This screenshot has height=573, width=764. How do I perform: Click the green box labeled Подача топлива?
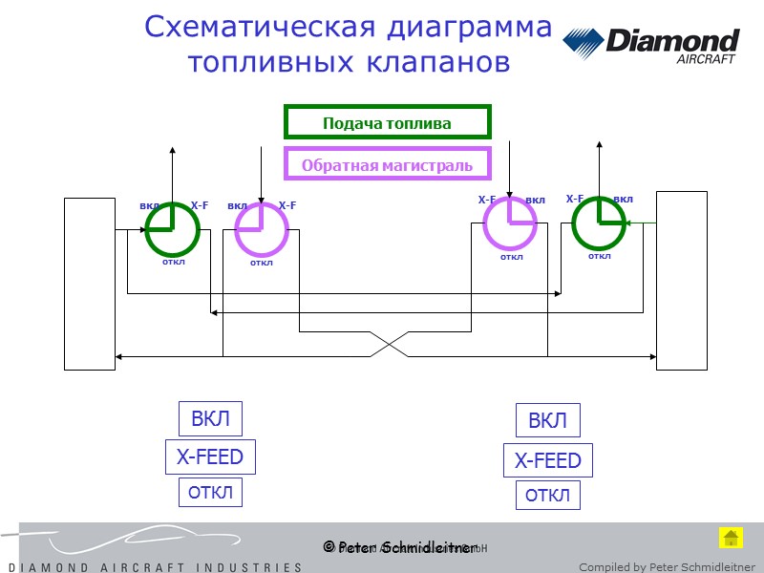click(387, 122)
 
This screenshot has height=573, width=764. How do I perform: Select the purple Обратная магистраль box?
click(387, 164)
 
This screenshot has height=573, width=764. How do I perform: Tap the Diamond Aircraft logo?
click(650, 45)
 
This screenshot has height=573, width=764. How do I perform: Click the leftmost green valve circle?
click(173, 230)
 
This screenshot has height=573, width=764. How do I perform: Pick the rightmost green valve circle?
click(599, 224)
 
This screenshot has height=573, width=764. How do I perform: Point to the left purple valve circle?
click(261, 231)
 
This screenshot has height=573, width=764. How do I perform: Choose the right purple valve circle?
click(510, 223)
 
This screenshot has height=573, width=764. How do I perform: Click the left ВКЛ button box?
click(210, 418)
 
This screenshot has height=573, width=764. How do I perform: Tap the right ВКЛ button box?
click(547, 420)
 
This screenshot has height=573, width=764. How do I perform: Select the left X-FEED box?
click(210, 456)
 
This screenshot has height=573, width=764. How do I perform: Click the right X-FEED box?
click(547, 460)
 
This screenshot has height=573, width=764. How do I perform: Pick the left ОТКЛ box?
click(210, 493)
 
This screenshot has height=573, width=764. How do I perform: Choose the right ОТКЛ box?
click(547, 496)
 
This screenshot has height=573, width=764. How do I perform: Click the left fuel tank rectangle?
click(89, 283)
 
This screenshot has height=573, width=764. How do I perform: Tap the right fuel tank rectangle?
click(682, 279)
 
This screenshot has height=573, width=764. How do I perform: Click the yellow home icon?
click(731, 538)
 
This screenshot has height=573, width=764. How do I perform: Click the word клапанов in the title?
click(438, 62)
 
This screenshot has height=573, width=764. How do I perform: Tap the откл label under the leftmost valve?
click(173, 261)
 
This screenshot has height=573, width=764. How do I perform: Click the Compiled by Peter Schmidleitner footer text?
click(667, 567)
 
